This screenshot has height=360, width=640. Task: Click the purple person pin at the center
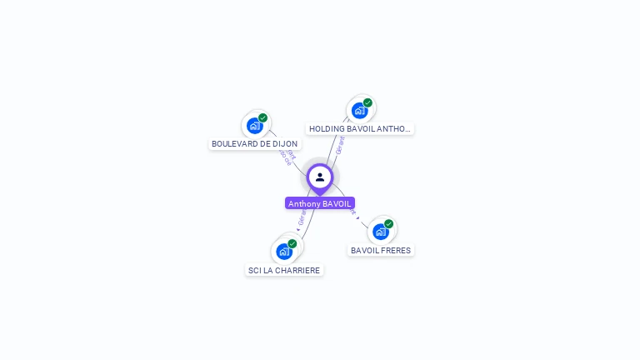point(320,177)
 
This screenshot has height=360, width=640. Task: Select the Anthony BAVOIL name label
point(320,203)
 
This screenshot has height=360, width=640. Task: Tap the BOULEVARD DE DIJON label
point(254,143)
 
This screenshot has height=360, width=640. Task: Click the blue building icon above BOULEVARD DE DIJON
point(255,126)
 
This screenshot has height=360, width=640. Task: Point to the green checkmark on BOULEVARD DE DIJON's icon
point(262,118)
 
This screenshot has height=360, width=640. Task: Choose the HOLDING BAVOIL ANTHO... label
point(360,129)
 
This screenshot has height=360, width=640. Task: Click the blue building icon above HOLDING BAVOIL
point(360,110)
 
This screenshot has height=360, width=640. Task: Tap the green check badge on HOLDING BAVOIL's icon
point(367,102)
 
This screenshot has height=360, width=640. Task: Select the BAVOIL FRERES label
point(381,250)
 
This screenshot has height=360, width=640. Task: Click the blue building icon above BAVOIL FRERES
point(381,232)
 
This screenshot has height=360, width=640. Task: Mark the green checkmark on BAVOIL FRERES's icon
point(388,224)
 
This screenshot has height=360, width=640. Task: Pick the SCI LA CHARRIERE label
point(284,270)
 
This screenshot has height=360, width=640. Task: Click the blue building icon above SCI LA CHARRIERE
point(284,251)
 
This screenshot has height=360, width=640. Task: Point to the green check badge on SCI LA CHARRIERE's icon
point(292,243)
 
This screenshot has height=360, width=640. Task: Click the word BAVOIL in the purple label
point(337,203)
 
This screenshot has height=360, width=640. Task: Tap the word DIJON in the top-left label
point(285,143)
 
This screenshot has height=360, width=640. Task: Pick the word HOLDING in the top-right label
point(326,129)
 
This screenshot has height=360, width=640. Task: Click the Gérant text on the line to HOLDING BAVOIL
point(339,147)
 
